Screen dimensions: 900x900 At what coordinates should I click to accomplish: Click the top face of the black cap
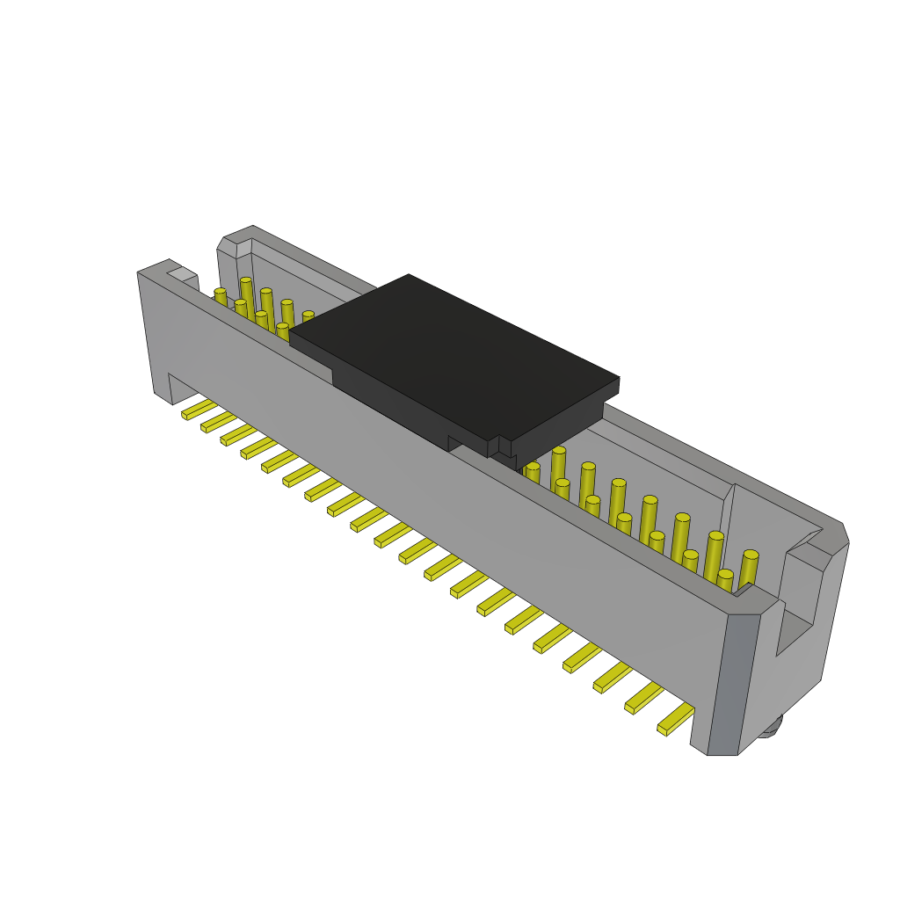pyautogui.click(x=453, y=352)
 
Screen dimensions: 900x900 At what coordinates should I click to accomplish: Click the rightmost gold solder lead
pyautogui.click(x=676, y=719)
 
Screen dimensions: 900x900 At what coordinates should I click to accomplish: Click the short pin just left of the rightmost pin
pyautogui.click(x=724, y=580)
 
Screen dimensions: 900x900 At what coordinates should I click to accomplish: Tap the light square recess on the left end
pyautogui.click(x=182, y=275)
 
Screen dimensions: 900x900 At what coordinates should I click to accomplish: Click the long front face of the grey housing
pyautogui.click(x=439, y=492)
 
